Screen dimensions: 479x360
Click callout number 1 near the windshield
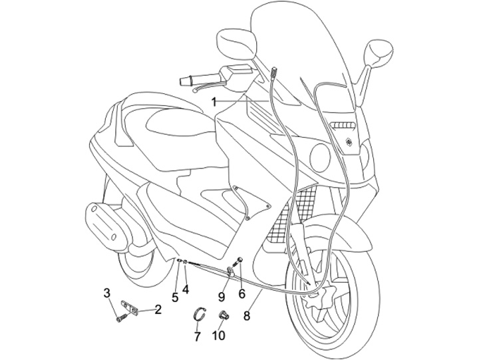[215, 102]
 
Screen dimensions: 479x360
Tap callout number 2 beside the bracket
[158, 309]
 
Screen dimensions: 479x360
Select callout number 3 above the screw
[106, 292]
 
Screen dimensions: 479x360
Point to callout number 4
[186, 289]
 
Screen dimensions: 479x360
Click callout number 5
[175, 297]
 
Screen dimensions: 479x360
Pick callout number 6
[241, 293]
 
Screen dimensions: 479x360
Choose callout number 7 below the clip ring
[197, 337]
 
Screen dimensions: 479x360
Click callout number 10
[219, 337]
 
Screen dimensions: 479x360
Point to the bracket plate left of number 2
[131, 307]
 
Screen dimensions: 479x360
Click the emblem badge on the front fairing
[349, 140]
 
